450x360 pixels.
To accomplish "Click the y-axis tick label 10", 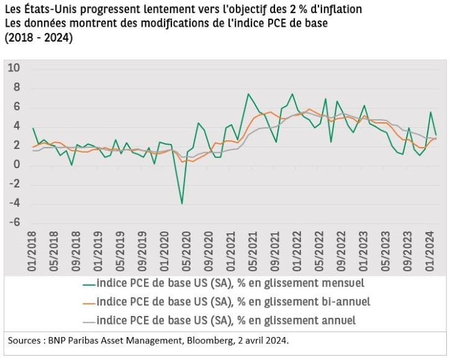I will tap(14, 68).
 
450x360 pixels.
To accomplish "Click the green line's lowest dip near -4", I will tap(182, 203).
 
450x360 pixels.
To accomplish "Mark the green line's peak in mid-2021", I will tap(248, 94).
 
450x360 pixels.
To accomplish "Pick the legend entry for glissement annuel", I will tap(227, 320).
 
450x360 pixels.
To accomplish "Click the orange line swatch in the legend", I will tap(89, 302).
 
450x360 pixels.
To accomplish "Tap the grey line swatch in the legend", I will tap(89, 321).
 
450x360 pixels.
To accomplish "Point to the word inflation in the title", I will tap(339, 11).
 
